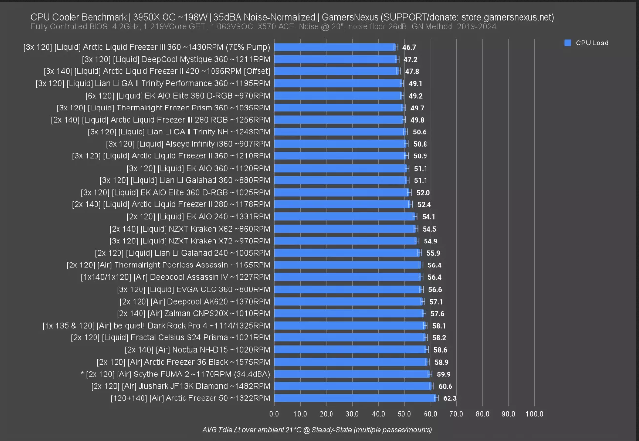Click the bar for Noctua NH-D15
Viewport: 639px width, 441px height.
point(350,350)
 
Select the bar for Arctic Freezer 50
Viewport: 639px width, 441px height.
point(355,398)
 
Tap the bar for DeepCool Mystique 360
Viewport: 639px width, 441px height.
point(335,59)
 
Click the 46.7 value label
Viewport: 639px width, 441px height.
point(409,47)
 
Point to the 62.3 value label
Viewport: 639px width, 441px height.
point(450,398)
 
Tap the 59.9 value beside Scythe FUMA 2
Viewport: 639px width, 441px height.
point(444,375)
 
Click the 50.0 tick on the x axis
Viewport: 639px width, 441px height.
point(404,414)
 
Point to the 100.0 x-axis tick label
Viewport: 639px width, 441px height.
point(534,414)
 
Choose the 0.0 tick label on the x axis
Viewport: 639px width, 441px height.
point(274,414)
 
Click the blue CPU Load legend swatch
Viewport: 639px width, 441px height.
point(568,43)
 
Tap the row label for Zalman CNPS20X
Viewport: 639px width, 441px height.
point(193,313)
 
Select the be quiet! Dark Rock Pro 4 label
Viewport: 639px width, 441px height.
point(156,326)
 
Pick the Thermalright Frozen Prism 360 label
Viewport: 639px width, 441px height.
point(164,108)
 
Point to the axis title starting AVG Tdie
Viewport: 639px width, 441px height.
point(317,430)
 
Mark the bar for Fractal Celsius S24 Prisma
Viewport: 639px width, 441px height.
point(350,337)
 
